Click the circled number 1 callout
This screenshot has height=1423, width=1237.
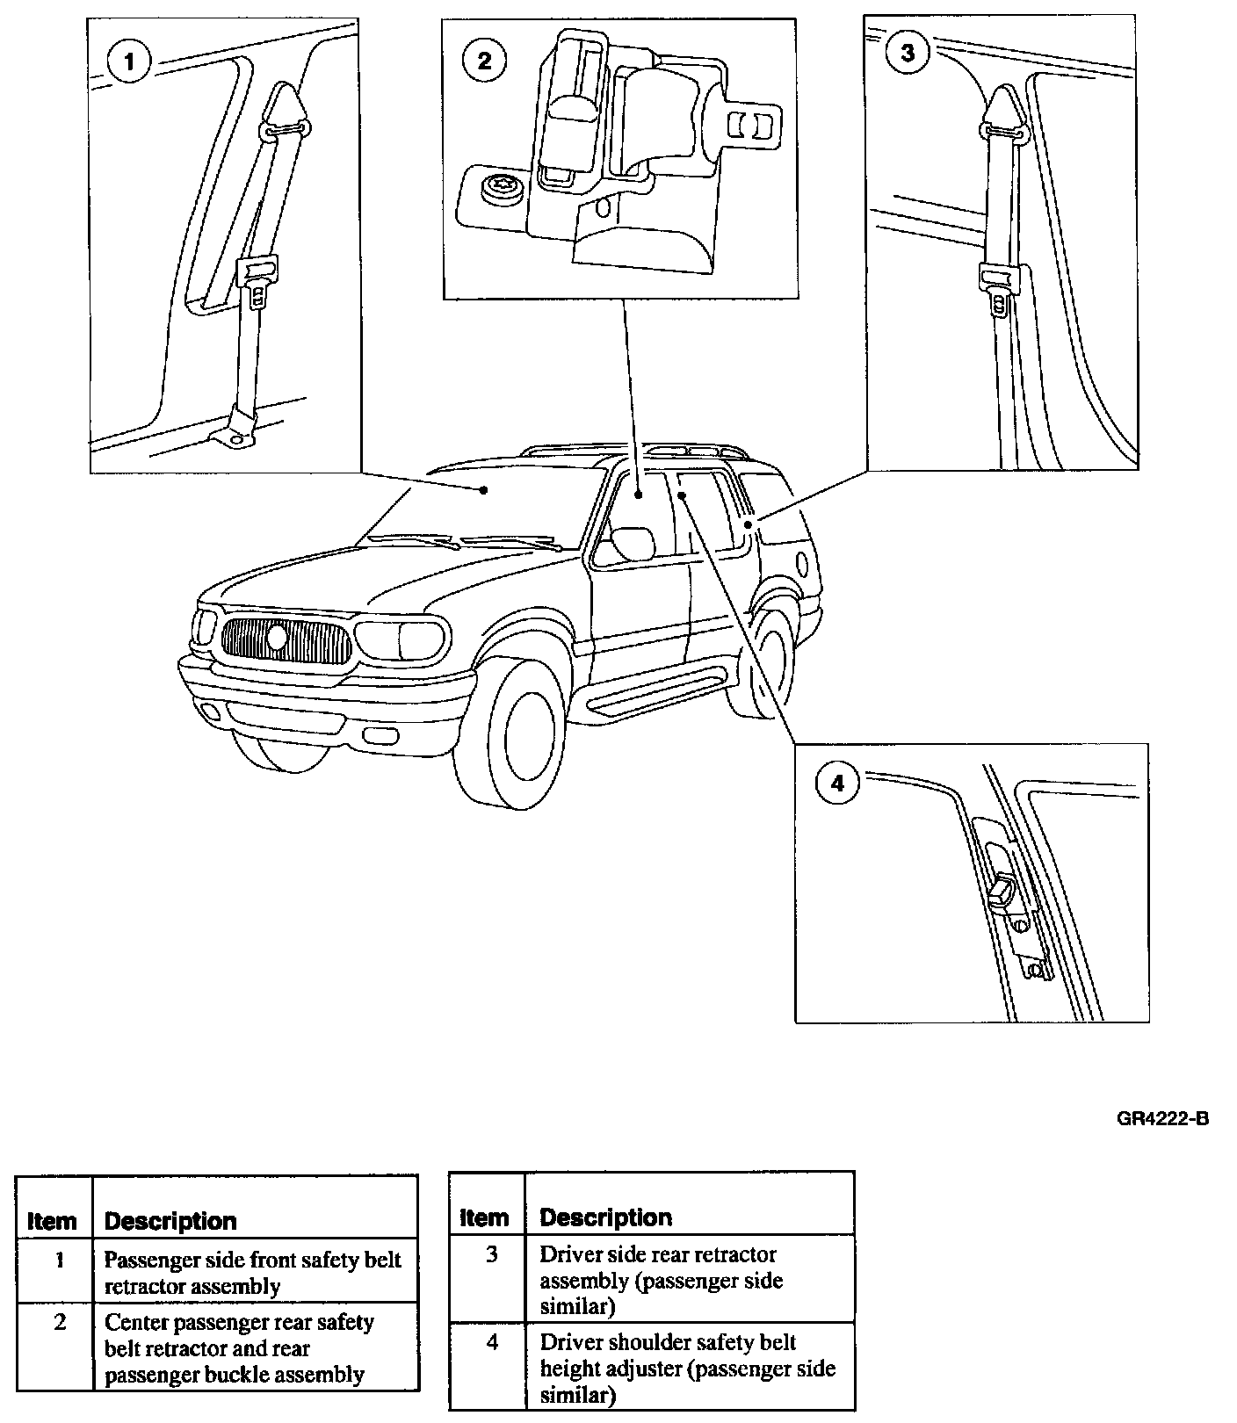(x=129, y=61)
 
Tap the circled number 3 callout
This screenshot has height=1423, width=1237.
(x=907, y=54)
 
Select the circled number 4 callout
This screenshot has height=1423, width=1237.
(x=836, y=783)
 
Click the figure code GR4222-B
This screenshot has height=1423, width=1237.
(x=1162, y=1119)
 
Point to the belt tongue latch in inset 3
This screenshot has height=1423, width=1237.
(x=1000, y=286)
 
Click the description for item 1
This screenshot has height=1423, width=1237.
(x=252, y=1273)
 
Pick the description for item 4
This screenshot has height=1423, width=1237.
(x=687, y=1368)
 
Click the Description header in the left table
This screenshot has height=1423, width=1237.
(x=170, y=1221)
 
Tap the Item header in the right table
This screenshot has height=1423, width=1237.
(x=484, y=1217)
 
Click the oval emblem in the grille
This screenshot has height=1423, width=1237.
(x=278, y=636)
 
